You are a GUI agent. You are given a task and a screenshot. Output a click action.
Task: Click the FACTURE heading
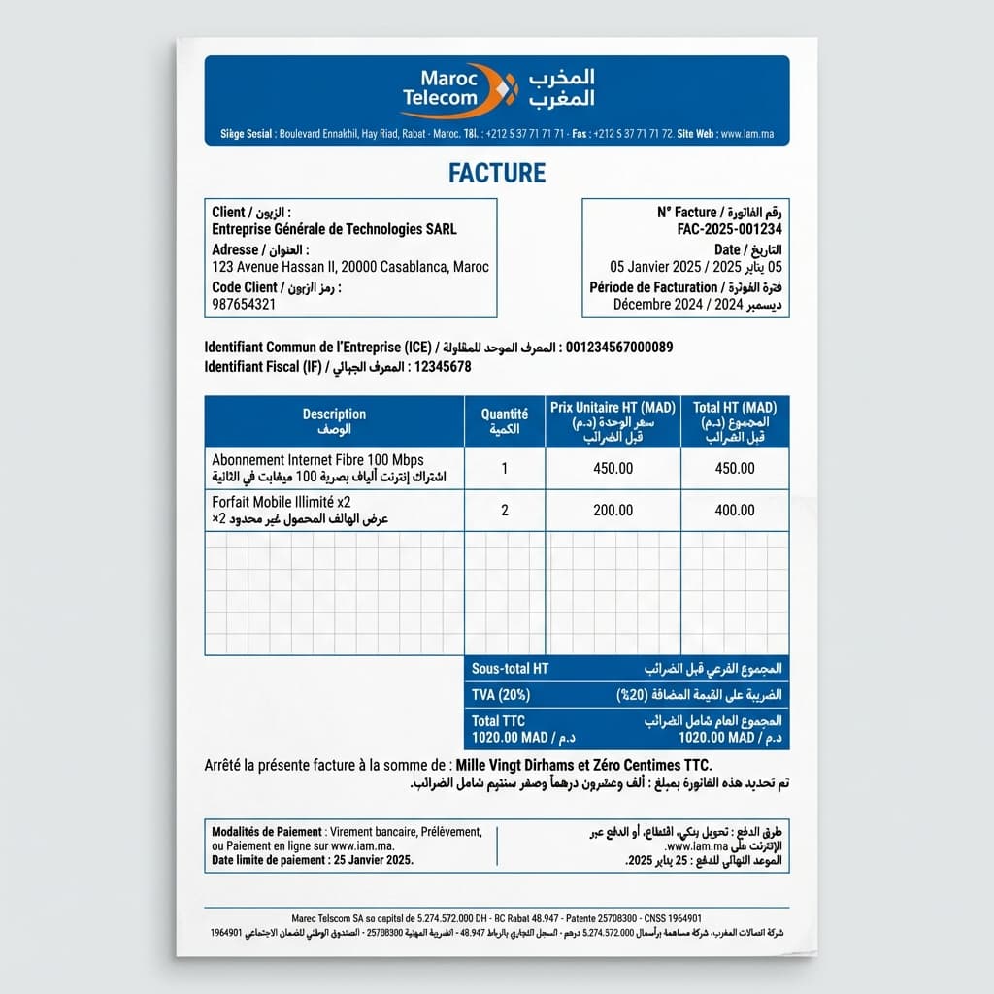click(x=497, y=173)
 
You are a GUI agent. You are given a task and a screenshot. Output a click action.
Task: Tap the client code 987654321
click(x=244, y=304)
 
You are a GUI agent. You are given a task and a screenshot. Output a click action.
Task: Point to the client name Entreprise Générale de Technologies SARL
click(x=334, y=229)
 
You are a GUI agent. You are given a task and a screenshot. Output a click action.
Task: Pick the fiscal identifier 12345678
click(x=443, y=367)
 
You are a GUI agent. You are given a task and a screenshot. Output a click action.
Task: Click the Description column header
click(x=334, y=414)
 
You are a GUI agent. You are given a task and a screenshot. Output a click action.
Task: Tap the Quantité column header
click(x=504, y=414)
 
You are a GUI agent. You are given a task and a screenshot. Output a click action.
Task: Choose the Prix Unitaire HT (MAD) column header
click(x=613, y=408)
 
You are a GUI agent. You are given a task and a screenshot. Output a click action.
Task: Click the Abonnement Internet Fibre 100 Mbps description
click(x=317, y=459)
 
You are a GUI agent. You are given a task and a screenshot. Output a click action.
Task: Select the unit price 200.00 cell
click(x=613, y=510)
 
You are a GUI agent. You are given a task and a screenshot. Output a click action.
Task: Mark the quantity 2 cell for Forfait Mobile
click(x=504, y=510)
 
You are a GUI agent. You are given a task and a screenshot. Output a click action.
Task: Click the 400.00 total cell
click(x=735, y=510)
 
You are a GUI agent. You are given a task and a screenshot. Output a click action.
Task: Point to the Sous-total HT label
click(x=510, y=669)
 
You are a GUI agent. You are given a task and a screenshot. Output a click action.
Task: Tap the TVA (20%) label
click(x=501, y=695)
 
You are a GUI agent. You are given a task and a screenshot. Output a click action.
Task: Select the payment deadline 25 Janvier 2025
click(x=372, y=860)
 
